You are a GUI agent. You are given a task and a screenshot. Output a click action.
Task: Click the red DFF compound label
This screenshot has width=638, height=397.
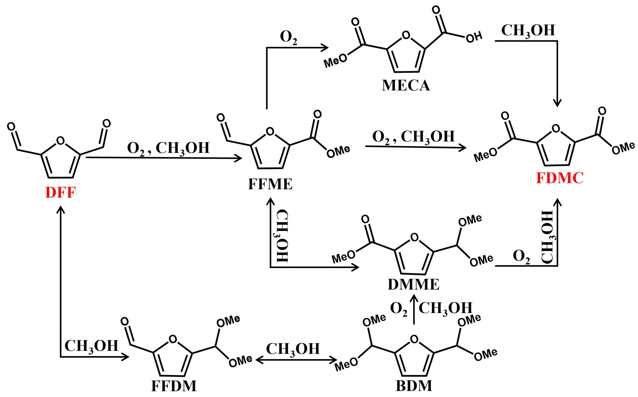coord(61,193)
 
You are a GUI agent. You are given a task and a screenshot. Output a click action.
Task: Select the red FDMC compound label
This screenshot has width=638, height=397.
coord(560,178)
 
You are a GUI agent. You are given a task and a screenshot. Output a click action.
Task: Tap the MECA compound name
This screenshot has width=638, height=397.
coord(406,85)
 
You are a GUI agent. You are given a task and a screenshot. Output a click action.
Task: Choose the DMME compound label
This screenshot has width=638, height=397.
coord(414,284)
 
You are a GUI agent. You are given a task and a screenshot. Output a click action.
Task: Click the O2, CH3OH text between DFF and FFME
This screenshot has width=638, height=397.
coord(168,148)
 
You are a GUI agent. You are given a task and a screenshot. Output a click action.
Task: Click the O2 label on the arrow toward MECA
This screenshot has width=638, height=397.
coord(289,37)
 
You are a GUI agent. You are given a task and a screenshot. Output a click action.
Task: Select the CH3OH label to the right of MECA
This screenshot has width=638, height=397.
coord(528,31)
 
